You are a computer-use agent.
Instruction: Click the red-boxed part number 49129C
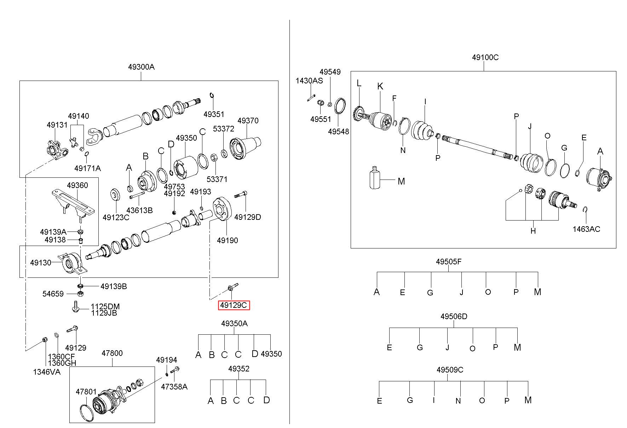pyautogui.click(x=234, y=305)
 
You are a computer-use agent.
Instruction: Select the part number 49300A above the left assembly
pyautogui.click(x=141, y=67)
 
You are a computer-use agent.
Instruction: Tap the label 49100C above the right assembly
pyautogui.click(x=485, y=57)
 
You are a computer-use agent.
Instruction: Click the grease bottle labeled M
pyautogui.click(x=374, y=177)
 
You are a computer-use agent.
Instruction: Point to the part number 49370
pyautogui.click(x=248, y=121)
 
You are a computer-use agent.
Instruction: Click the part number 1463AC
pyautogui.click(x=586, y=229)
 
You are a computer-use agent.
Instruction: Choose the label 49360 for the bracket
pyautogui.click(x=77, y=185)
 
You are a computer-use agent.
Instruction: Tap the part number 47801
pyautogui.click(x=86, y=392)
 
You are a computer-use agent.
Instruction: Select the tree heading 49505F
pyautogui.click(x=449, y=262)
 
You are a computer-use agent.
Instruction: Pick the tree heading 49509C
pyautogui.click(x=450, y=370)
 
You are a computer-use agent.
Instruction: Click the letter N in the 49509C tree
pyautogui.click(x=458, y=401)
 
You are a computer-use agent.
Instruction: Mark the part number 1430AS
pyautogui.click(x=309, y=81)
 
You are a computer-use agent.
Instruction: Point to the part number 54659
pyautogui.click(x=53, y=294)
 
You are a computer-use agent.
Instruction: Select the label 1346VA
pyautogui.click(x=47, y=372)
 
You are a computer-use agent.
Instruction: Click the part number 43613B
pyautogui.click(x=139, y=210)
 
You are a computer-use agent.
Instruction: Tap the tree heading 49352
pyautogui.click(x=239, y=369)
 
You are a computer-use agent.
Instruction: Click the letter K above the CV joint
pyautogui.click(x=380, y=86)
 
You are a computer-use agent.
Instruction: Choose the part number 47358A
pyautogui.click(x=174, y=387)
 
